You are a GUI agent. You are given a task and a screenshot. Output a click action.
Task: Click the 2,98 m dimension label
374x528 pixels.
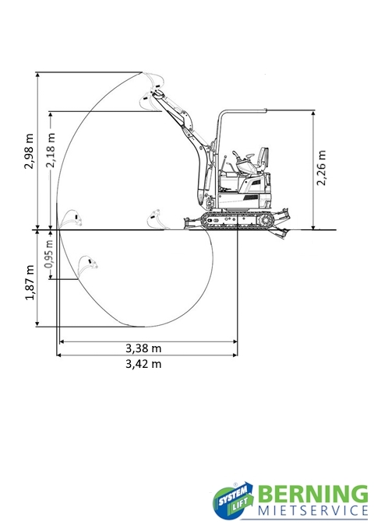[29, 151]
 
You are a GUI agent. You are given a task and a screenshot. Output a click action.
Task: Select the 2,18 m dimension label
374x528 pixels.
[51, 150]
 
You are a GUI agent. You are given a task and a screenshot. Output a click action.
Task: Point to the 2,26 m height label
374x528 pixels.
[321, 168]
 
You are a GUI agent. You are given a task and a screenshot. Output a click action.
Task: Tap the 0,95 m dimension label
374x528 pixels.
[49, 254]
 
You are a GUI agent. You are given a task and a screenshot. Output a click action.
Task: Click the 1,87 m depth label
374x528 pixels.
[30, 282]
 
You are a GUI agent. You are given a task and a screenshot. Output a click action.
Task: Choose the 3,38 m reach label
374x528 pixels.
[143, 348]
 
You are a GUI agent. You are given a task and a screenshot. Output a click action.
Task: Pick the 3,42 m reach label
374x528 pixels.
[143, 364]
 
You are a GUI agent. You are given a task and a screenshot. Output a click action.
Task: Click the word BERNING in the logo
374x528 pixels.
[313, 494]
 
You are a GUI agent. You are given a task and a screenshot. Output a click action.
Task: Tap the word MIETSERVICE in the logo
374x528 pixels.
[313, 510]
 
